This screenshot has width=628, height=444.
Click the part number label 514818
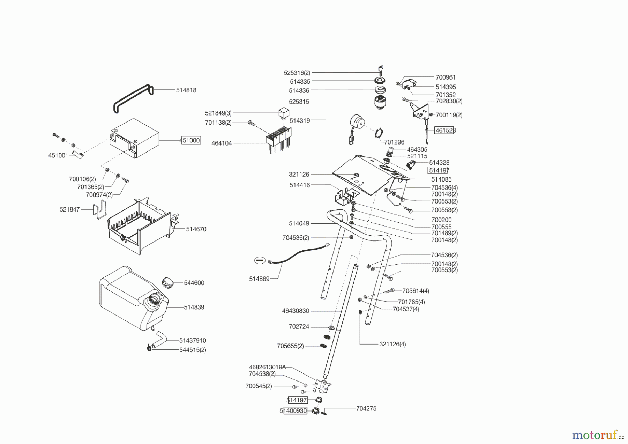tap(186, 90)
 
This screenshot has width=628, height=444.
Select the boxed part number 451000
tap(190, 140)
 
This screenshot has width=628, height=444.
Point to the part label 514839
tap(194, 307)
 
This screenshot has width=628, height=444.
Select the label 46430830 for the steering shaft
tap(296, 311)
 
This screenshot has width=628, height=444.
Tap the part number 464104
tap(222, 143)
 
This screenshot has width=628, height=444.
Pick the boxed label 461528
tap(445, 130)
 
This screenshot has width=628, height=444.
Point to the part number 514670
tap(196, 229)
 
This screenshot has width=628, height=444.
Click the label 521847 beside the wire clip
tap(70, 209)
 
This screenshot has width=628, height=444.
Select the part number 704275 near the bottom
tap(366, 408)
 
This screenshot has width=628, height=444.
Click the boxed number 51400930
tap(293, 411)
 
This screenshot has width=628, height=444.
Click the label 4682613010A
tap(267, 367)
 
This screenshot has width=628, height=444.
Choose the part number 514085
tap(441, 179)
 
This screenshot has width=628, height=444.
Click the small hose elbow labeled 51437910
tap(161, 337)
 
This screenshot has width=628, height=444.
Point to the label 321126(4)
tap(393, 344)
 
